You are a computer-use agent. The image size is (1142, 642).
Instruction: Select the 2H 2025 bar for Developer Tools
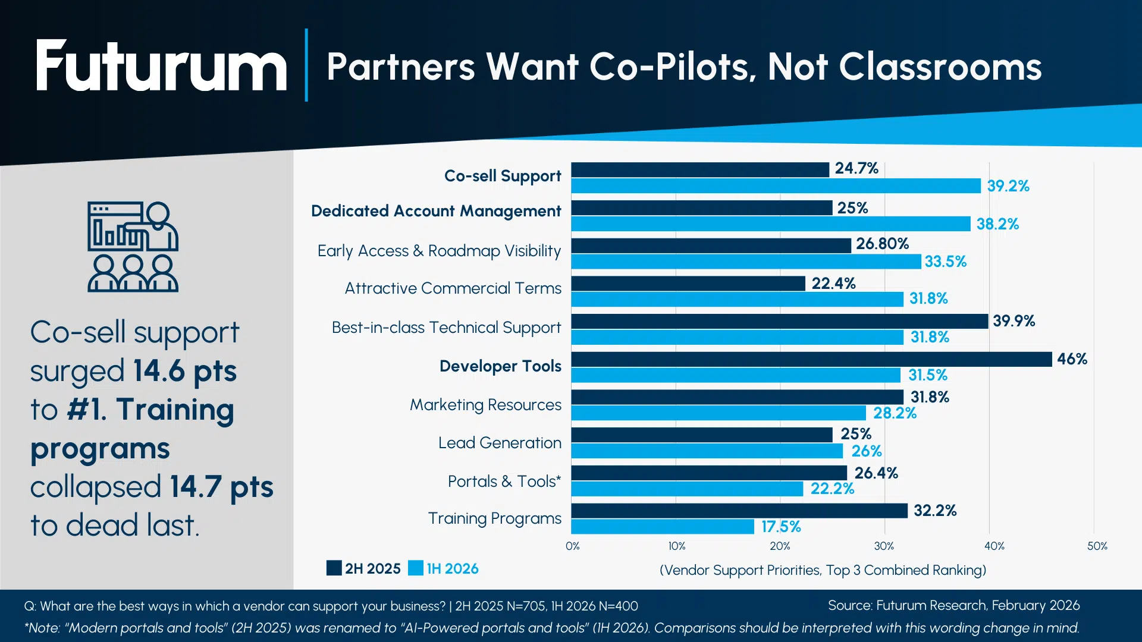811,359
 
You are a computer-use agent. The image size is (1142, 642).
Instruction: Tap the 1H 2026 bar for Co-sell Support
776,186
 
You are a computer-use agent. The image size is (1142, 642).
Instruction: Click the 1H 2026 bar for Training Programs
663,527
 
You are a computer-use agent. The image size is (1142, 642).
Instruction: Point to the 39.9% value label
1014,321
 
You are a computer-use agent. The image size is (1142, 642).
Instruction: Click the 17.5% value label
781,527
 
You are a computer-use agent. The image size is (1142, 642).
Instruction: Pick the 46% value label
1072,359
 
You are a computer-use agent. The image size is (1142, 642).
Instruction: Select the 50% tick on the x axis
1097,546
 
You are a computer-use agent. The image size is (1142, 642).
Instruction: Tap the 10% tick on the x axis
677,546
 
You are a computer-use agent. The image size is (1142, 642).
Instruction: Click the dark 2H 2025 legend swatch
334,568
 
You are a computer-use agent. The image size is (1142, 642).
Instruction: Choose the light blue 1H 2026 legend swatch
416,568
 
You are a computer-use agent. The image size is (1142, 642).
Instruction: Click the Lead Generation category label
500,443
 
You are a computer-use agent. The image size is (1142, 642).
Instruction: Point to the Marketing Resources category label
485,405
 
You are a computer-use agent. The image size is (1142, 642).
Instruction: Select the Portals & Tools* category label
504,481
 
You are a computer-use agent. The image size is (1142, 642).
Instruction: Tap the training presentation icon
133,247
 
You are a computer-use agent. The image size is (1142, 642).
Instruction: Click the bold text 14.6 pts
184,371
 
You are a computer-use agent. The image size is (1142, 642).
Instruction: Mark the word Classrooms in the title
940,67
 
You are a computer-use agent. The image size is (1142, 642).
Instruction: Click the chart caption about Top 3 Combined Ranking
823,570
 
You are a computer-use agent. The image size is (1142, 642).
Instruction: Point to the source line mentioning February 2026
953,605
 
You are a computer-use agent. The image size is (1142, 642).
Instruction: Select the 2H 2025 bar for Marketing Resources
738,397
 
